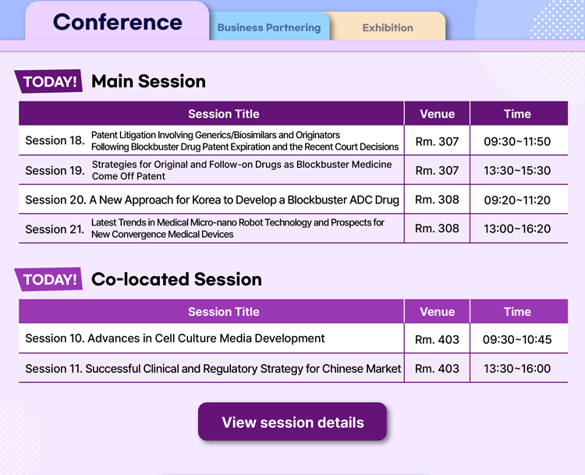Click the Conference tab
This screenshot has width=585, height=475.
pyautogui.click(x=117, y=22)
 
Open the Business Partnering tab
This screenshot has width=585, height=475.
pyautogui.click(x=269, y=27)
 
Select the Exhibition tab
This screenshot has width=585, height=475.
pyautogui.click(x=388, y=27)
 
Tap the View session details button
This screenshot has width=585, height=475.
pyautogui.click(x=292, y=422)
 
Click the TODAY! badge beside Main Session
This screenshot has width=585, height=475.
pyautogui.click(x=49, y=81)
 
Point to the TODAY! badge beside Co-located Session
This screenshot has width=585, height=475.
pyautogui.click(x=49, y=279)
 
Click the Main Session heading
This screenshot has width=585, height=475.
pyautogui.click(x=148, y=81)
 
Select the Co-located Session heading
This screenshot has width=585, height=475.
pyautogui.click(x=176, y=279)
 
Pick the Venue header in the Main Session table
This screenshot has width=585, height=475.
pyautogui.click(x=438, y=113)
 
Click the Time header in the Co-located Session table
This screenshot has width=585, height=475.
pyautogui.click(x=517, y=311)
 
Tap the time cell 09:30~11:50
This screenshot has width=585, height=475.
pyautogui.click(x=517, y=141)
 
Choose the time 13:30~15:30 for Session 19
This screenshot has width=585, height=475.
pyautogui.click(x=517, y=171)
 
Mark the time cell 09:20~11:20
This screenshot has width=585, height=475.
pyautogui.click(x=517, y=200)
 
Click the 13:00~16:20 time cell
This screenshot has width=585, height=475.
pyautogui.click(x=517, y=229)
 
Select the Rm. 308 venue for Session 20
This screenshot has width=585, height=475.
pyautogui.click(x=438, y=199)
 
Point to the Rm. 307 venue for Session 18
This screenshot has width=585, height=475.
pyautogui.click(x=438, y=141)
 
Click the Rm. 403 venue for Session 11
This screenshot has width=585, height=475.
pyautogui.click(x=438, y=368)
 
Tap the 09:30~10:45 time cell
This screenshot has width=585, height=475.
pyautogui.click(x=517, y=339)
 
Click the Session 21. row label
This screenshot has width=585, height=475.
pyautogui.click(x=55, y=229)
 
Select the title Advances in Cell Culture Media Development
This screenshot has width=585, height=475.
pyautogui.click(x=207, y=338)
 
